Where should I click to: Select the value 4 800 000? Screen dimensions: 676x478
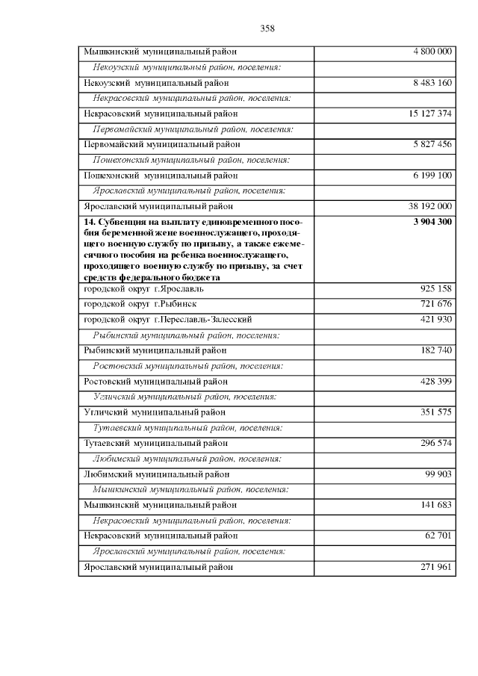pos(432,52)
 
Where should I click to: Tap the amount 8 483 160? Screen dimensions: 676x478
pos(432,82)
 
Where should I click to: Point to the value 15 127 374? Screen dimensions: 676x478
pos(430,114)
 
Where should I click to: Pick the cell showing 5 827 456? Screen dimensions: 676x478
pos(432,144)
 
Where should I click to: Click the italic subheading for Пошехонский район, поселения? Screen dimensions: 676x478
pos(190,160)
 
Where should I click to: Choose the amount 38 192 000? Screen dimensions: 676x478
pos(430,206)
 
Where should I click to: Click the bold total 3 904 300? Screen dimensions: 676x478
pos(432,222)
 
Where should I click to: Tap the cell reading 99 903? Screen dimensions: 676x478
pos(439,474)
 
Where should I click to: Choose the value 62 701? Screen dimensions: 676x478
pos(439,536)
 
